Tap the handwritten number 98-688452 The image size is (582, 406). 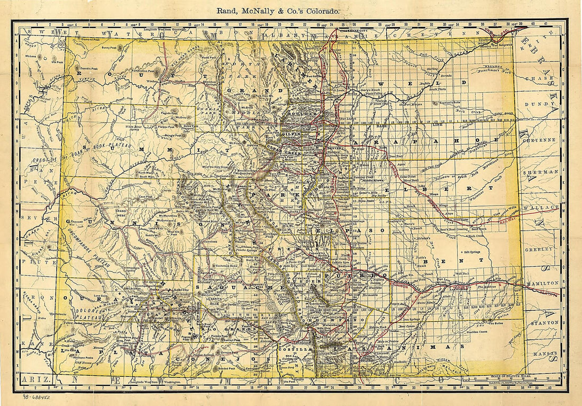40,396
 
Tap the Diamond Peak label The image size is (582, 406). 89,39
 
